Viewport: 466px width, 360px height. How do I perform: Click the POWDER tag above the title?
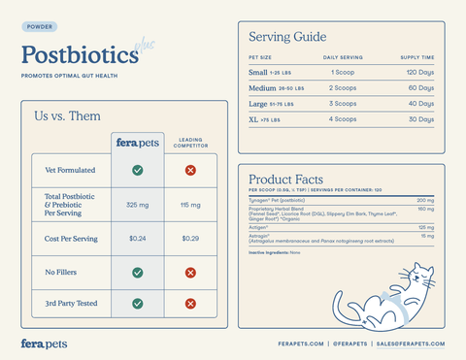39,27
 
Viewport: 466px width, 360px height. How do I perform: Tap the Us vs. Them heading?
67,116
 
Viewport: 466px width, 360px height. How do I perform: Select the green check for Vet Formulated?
138,170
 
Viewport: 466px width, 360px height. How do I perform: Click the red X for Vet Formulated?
190,170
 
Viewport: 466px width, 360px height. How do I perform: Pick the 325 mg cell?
138,205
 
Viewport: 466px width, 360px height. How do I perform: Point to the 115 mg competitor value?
190,205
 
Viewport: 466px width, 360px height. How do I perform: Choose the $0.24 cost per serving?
138,239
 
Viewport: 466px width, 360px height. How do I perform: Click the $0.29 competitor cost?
190,239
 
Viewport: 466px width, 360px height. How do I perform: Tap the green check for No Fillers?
138,273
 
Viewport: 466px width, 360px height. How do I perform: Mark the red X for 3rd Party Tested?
190,304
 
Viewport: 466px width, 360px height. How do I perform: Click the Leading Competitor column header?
190,143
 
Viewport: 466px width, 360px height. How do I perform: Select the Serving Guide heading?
287,37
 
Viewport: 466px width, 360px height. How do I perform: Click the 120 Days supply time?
420,73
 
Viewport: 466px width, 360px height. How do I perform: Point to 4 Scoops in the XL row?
343,119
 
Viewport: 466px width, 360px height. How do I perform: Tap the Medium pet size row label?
263,88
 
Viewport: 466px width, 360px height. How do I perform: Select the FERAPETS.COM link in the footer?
299,344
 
